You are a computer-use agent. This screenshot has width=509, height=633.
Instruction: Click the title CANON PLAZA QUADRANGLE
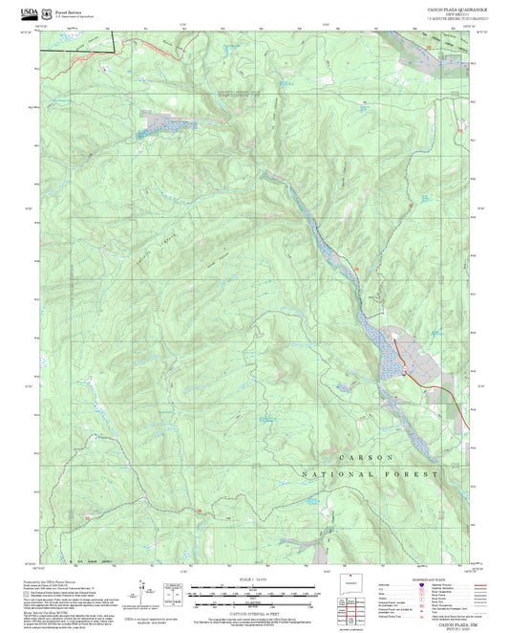(440, 7)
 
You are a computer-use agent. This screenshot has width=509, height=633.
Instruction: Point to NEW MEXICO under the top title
(440, 12)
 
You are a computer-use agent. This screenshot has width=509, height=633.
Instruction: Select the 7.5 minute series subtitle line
(440, 18)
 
